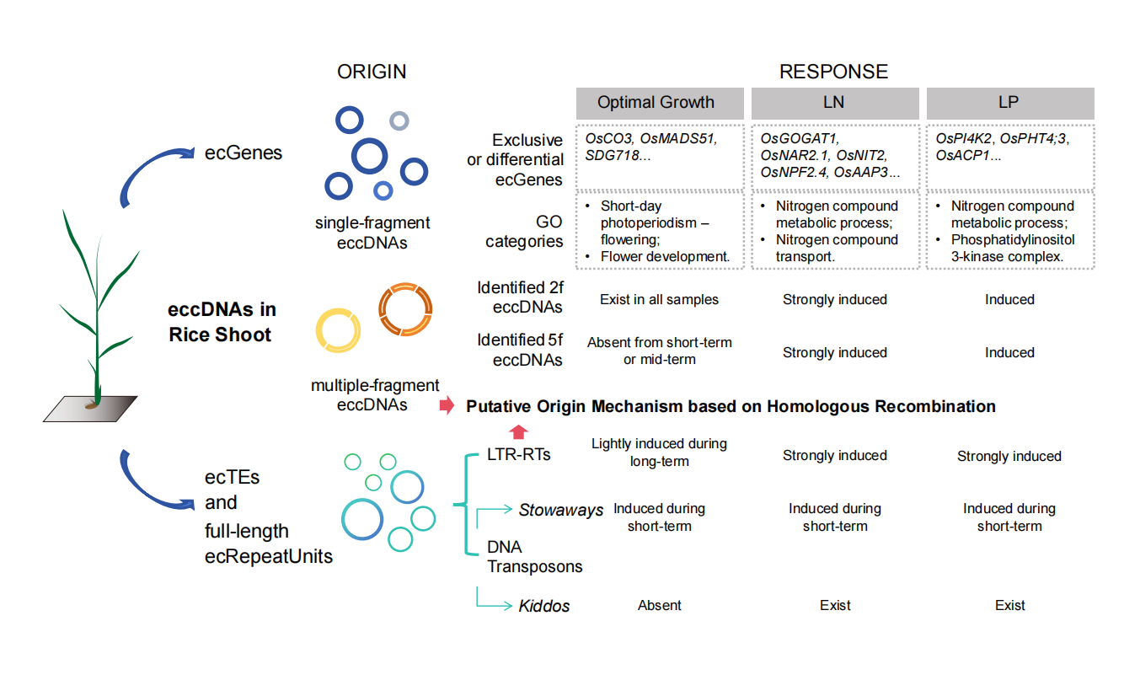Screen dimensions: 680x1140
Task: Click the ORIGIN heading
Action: (372, 72)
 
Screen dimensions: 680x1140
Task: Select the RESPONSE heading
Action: (833, 72)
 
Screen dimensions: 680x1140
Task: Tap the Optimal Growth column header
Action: (656, 103)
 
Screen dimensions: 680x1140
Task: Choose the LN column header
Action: (833, 103)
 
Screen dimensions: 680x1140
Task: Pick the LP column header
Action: (1009, 103)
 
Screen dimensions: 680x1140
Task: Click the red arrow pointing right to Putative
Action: (447, 407)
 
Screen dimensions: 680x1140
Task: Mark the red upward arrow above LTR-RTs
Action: (519, 432)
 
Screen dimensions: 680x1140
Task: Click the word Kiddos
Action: (544, 606)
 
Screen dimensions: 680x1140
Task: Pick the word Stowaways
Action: (561, 510)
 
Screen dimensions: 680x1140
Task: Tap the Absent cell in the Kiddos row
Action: (660, 605)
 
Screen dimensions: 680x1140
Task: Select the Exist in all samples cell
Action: (660, 299)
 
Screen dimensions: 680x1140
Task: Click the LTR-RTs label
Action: (519, 455)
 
